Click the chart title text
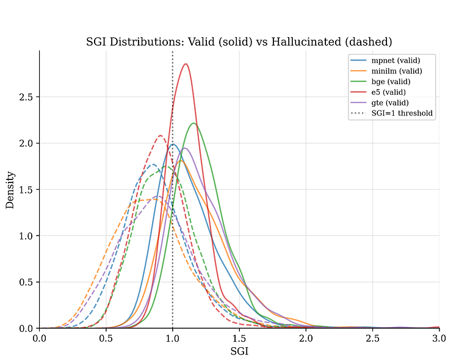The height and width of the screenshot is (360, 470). (239, 41)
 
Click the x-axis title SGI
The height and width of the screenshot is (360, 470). (239, 351)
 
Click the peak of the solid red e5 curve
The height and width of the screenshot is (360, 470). (186, 64)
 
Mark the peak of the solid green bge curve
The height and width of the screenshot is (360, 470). (193, 123)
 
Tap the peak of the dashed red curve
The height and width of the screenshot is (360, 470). (161, 135)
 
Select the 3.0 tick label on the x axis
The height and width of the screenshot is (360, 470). (439, 337)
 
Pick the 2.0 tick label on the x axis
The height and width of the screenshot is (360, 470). (306, 337)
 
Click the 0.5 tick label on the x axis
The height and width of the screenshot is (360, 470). (106, 337)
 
